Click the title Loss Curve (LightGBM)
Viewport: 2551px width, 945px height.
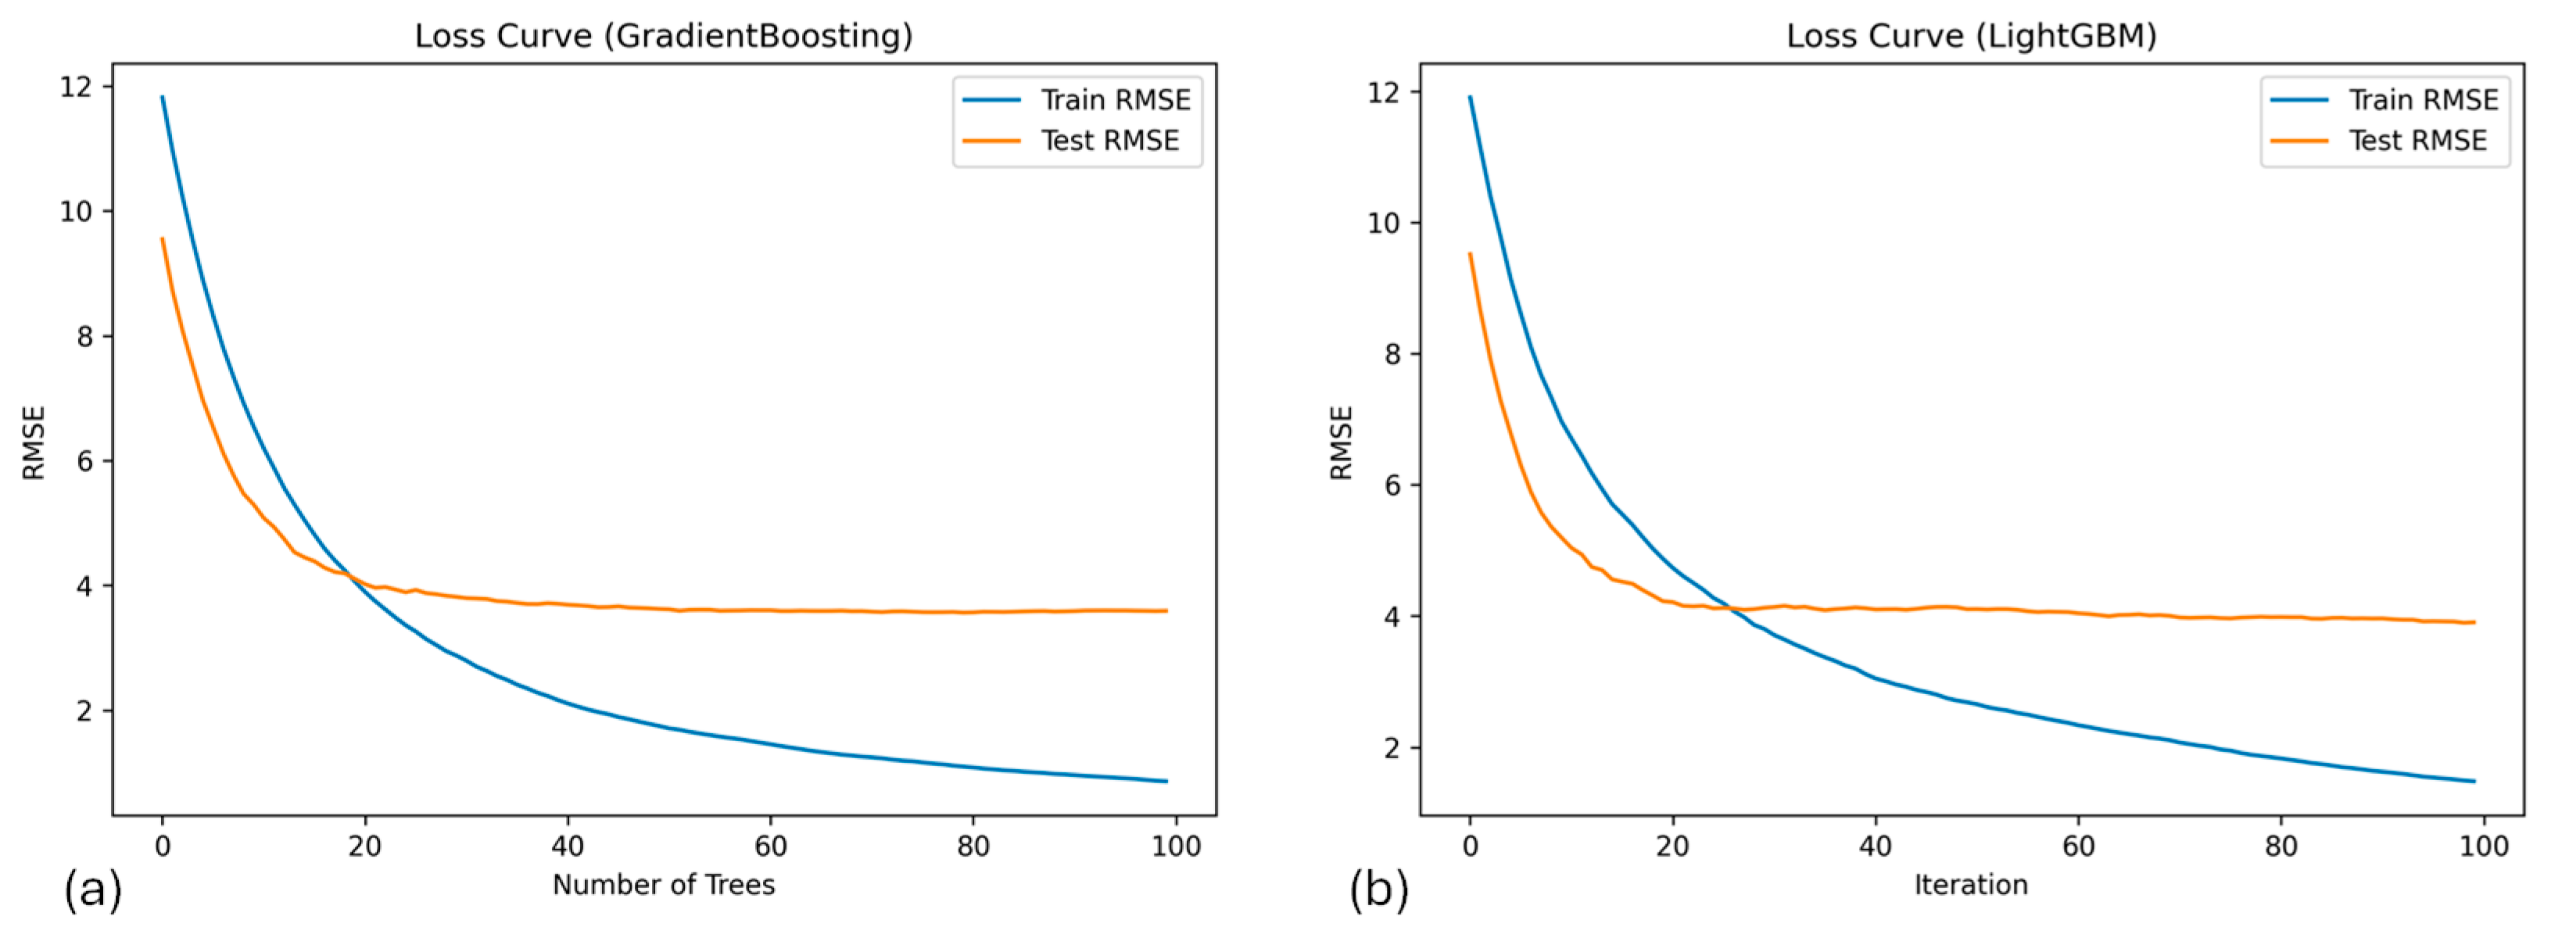(1971, 37)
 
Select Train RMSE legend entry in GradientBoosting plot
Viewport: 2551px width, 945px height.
(1115, 100)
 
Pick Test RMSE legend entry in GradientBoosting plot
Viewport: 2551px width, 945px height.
(1109, 141)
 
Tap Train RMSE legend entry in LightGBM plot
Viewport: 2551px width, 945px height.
(2422, 100)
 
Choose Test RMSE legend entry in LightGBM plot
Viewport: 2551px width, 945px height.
(2417, 141)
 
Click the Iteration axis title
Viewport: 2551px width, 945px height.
(1971, 885)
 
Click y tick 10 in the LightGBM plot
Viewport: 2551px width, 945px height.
(1384, 223)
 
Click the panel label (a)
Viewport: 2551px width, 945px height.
(93, 889)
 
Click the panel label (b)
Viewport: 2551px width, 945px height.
(1378, 889)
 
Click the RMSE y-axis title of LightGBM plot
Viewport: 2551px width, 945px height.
(1341, 442)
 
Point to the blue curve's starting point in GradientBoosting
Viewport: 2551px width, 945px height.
(163, 97)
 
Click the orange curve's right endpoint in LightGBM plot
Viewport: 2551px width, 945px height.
(2474, 622)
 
